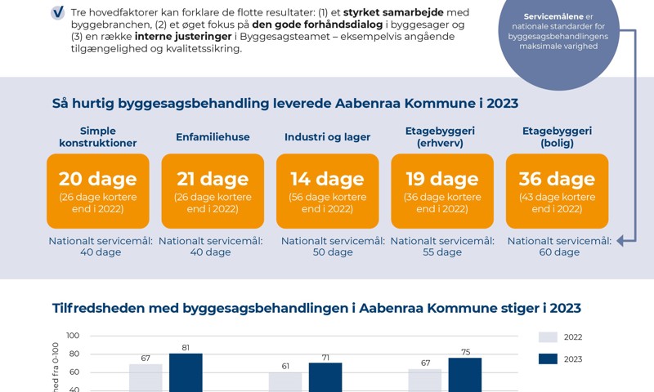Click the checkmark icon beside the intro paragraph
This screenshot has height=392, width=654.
[58, 12]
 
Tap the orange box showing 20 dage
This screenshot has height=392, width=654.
[97, 190]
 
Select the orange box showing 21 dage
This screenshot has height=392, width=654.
[213, 190]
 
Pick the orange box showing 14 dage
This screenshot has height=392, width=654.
[327, 190]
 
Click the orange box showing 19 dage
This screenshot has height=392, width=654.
[442, 190]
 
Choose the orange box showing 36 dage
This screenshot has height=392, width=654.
[558, 190]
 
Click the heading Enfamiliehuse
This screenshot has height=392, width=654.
[213, 137]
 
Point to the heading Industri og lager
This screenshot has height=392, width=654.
[327, 137]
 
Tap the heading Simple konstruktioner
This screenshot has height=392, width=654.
[97, 136]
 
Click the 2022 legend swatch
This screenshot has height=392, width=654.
[548, 336]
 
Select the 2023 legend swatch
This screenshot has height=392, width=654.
[548, 359]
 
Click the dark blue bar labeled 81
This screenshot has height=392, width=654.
[186, 372]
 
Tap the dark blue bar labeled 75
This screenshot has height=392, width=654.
[465, 374]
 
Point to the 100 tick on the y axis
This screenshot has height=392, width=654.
[73, 336]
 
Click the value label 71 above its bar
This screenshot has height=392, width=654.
[325, 357]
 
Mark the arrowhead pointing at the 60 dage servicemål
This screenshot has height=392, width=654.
[621, 240]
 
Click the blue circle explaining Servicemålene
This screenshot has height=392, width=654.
[559, 33]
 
